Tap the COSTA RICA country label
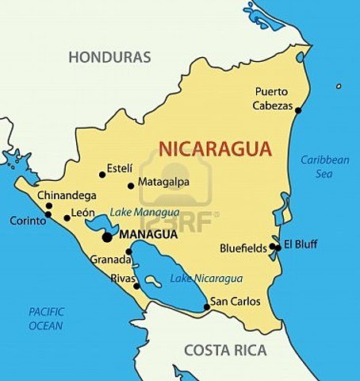[x=226, y=350]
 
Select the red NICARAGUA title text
[x=215, y=148]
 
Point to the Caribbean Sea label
[x=325, y=166]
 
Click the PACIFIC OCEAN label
[x=46, y=318]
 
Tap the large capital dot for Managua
[x=106, y=237]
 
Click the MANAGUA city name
[x=145, y=236]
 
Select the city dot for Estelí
[x=102, y=175]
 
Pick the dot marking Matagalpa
[x=131, y=187]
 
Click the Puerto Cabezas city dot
[x=298, y=110]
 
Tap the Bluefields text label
[x=243, y=248]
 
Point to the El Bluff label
[x=301, y=244]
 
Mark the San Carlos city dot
[x=207, y=306]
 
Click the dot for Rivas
[x=137, y=287]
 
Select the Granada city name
[x=109, y=260]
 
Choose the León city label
[x=83, y=213]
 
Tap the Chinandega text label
[x=67, y=195]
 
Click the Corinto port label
[x=29, y=221]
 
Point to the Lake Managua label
[x=144, y=213]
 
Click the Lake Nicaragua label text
[x=206, y=279]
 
